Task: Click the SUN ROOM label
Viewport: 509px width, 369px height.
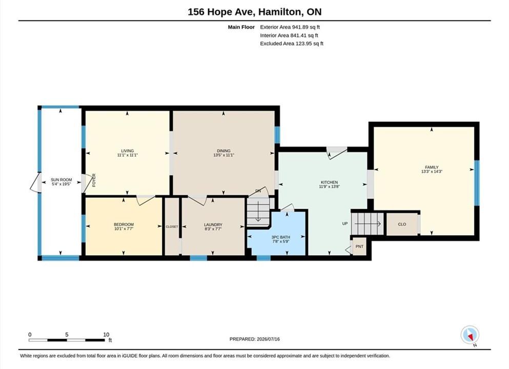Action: (61, 180)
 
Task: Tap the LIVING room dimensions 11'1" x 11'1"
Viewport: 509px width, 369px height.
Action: (128, 155)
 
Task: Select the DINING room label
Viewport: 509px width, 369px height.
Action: (223, 151)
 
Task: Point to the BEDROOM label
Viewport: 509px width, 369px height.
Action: (124, 224)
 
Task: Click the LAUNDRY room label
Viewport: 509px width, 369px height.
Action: (213, 224)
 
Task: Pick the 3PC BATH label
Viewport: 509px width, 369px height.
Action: (281, 237)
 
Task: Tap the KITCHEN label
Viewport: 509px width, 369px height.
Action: (330, 182)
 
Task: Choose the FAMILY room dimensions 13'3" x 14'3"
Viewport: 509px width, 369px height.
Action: (432, 172)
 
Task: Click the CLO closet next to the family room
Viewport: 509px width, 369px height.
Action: (402, 224)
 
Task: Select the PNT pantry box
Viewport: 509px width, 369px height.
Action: (359, 247)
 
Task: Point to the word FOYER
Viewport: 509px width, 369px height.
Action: (94, 180)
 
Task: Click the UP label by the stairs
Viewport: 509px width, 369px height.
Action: (345, 223)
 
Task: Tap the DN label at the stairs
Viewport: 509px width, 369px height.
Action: (258, 191)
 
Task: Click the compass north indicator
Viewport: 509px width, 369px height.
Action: (470, 335)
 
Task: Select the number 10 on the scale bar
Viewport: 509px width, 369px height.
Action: (106, 335)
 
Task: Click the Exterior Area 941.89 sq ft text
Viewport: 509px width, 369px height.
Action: (290, 27)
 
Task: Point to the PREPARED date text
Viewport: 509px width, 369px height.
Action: (254, 339)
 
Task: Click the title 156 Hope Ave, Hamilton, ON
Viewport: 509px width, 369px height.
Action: (254, 12)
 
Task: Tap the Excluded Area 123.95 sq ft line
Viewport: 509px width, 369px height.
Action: (292, 44)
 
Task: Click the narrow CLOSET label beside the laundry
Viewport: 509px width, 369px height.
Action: (172, 227)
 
